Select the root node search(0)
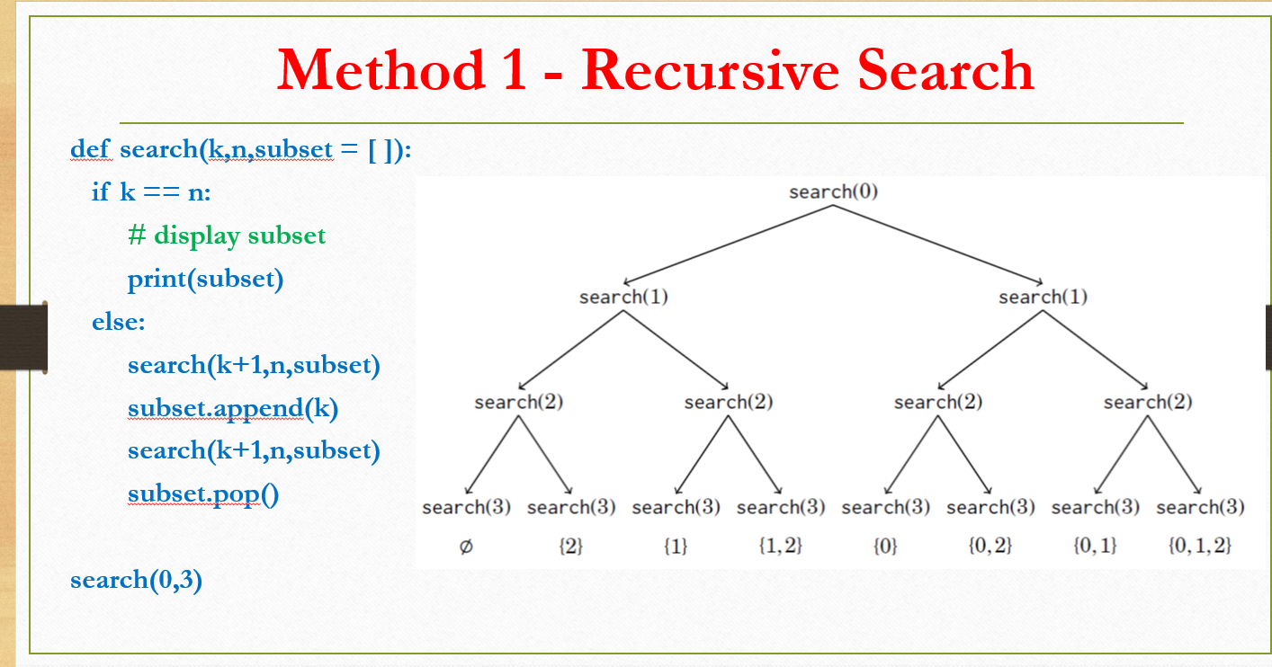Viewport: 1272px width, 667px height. click(x=833, y=191)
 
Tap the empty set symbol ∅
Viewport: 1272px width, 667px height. click(x=466, y=546)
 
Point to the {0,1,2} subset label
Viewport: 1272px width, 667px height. click(x=1200, y=545)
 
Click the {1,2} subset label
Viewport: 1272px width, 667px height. click(x=780, y=545)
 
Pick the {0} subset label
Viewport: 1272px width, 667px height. click(x=885, y=545)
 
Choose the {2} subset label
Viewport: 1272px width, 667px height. click(x=570, y=545)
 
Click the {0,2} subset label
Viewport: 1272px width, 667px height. click(x=990, y=545)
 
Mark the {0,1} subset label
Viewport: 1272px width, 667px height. click(x=1095, y=545)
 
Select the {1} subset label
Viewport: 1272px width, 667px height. click(x=676, y=545)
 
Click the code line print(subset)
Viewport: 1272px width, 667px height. click(x=205, y=280)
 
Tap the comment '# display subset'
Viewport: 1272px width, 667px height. click(x=227, y=236)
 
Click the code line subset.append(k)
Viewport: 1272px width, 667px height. click(x=232, y=409)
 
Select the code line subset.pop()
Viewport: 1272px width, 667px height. click(x=202, y=494)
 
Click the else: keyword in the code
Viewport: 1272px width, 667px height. click(x=118, y=322)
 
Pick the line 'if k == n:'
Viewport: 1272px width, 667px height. click(x=151, y=191)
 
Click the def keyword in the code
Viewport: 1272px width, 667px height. click(x=89, y=149)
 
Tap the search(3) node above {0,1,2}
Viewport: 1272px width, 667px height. click(x=1200, y=507)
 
